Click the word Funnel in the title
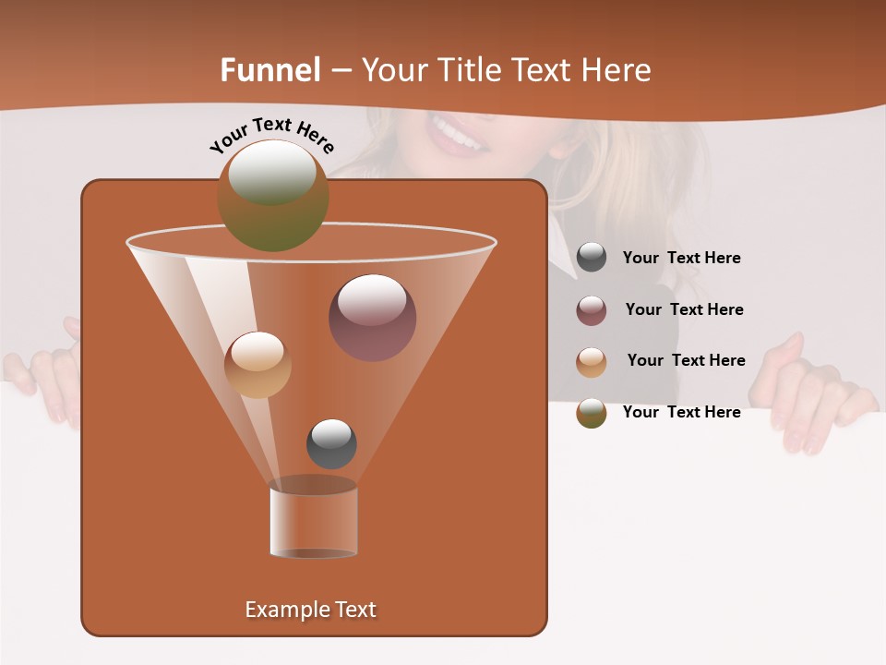(x=270, y=70)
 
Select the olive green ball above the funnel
(x=272, y=195)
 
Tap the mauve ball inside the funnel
(x=372, y=317)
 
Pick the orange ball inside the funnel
(x=257, y=365)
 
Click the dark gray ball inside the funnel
(x=331, y=443)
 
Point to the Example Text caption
(x=311, y=610)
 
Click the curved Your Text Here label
(x=272, y=134)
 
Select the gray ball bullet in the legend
(x=592, y=258)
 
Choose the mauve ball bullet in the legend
(x=592, y=310)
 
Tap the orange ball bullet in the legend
(x=592, y=362)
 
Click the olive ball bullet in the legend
(x=592, y=413)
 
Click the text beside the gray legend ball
(x=681, y=259)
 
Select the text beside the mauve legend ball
(x=684, y=310)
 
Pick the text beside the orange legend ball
(x=686, y=361)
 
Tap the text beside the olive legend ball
(x=681, y=413)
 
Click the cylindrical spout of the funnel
(x=313, y=522)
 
